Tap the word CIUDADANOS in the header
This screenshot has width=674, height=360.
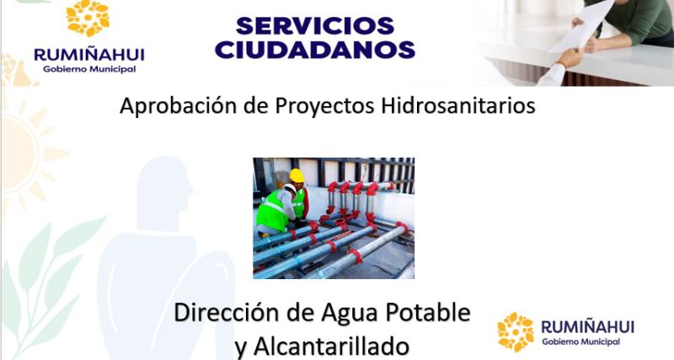pos(314,49)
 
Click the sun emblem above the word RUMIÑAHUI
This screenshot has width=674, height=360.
pos(88,19)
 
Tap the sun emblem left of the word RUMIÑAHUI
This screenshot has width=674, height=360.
pos(516,331)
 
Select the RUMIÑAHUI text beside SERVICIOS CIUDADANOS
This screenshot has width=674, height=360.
pos(88,54)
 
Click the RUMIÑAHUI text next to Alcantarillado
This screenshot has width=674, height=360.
pos(587,326)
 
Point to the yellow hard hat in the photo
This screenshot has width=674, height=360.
pos(296,175)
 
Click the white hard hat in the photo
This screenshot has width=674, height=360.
pos(290,190)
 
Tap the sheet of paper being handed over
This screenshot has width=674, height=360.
pos(582,25)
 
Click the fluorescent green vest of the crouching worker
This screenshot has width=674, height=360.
pos(273,211)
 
